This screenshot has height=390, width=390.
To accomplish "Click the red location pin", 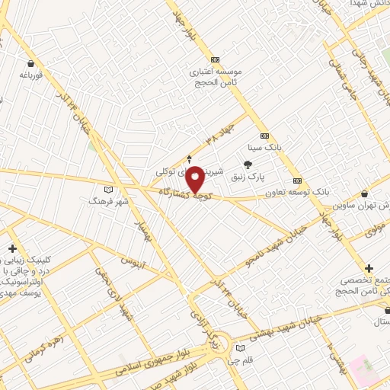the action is click(x=195, y=179).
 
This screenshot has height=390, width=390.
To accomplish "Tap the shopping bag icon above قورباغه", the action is click(x=30, y=64).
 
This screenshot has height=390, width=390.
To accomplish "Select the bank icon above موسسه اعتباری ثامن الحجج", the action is click(x=215, y=59).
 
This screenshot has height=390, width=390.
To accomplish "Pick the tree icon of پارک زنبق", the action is click(x=248, y=164).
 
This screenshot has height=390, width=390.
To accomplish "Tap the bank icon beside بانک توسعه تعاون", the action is click(x=297, y=181).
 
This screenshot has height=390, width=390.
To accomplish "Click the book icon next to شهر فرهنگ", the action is click(x=107, y=189).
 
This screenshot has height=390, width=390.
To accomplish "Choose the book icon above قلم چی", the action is click(x=241, y=348).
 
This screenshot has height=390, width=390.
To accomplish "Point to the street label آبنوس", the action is click(x=133, y=264).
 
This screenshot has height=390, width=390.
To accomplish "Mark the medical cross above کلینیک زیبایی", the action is click(x=12, y=248).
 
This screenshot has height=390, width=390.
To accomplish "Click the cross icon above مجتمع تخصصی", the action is click(x=369, y=268).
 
